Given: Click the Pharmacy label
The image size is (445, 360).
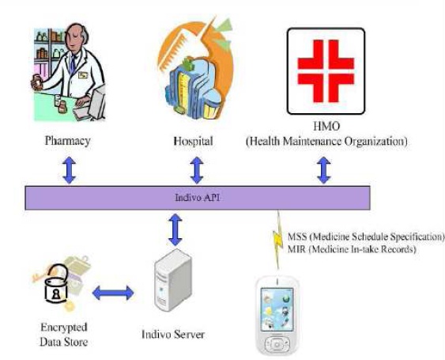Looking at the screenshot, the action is pos(68,141).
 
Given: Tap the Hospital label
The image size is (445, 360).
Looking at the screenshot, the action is pos(194,141).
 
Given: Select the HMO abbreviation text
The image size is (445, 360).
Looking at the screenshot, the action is pos(326,126).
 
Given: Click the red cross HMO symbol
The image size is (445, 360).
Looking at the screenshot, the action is pos(326,71).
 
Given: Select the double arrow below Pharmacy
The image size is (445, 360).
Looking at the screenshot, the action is pos(70,170).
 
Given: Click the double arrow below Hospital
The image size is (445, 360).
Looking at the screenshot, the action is pos(197,170).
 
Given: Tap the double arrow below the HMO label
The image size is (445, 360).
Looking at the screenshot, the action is pos(324,170).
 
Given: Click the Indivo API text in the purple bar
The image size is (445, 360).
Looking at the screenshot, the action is pos(198,198).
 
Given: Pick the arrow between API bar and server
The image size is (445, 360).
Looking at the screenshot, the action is pos(175,229).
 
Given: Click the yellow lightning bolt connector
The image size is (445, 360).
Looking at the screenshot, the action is pos(278,240).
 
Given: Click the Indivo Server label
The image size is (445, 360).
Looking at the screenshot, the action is pos(173,334).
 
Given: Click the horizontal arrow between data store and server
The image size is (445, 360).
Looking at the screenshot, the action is pos(113,293).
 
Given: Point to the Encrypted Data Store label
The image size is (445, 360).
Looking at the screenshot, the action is pos(63,335).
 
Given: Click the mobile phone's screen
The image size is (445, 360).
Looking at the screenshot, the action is pos(277,309).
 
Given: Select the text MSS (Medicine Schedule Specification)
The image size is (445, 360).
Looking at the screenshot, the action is pos(366,237).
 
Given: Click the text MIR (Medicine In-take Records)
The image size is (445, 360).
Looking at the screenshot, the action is pos(352,249).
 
